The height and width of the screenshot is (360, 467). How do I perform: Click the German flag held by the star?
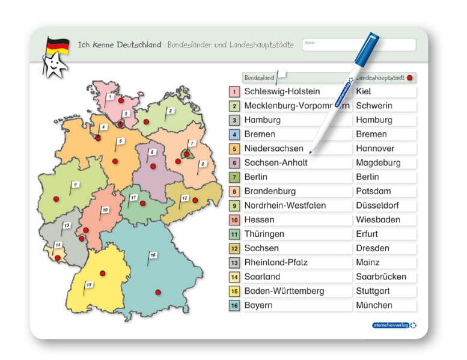coord(58,46)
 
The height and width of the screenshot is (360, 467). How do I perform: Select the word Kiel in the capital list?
coord(364,91)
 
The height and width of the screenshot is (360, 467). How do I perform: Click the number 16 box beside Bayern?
coord(234,305)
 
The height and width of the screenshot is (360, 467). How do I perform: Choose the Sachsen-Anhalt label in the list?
coord(276,163)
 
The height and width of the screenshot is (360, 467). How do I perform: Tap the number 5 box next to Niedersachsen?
coord(234,148)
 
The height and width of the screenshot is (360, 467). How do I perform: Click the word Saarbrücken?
coord(381,277)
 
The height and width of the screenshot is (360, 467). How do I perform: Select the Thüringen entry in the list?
coord(264,234)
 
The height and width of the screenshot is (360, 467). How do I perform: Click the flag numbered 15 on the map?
coord(89,284)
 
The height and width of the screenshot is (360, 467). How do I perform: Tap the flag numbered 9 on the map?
coord(75,185)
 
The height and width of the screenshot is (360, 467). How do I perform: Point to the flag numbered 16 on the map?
coord(153,255)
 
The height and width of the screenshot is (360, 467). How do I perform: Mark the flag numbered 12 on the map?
coord(185,198)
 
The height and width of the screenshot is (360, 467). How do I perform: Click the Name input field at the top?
coord(358,45)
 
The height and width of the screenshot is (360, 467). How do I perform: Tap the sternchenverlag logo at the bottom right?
coord(394,325)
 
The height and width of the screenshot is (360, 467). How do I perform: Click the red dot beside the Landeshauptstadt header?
coord(409,78)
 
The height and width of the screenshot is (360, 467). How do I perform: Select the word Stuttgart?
coord(373,291)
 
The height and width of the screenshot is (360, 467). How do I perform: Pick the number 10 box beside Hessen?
coord(234,220)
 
